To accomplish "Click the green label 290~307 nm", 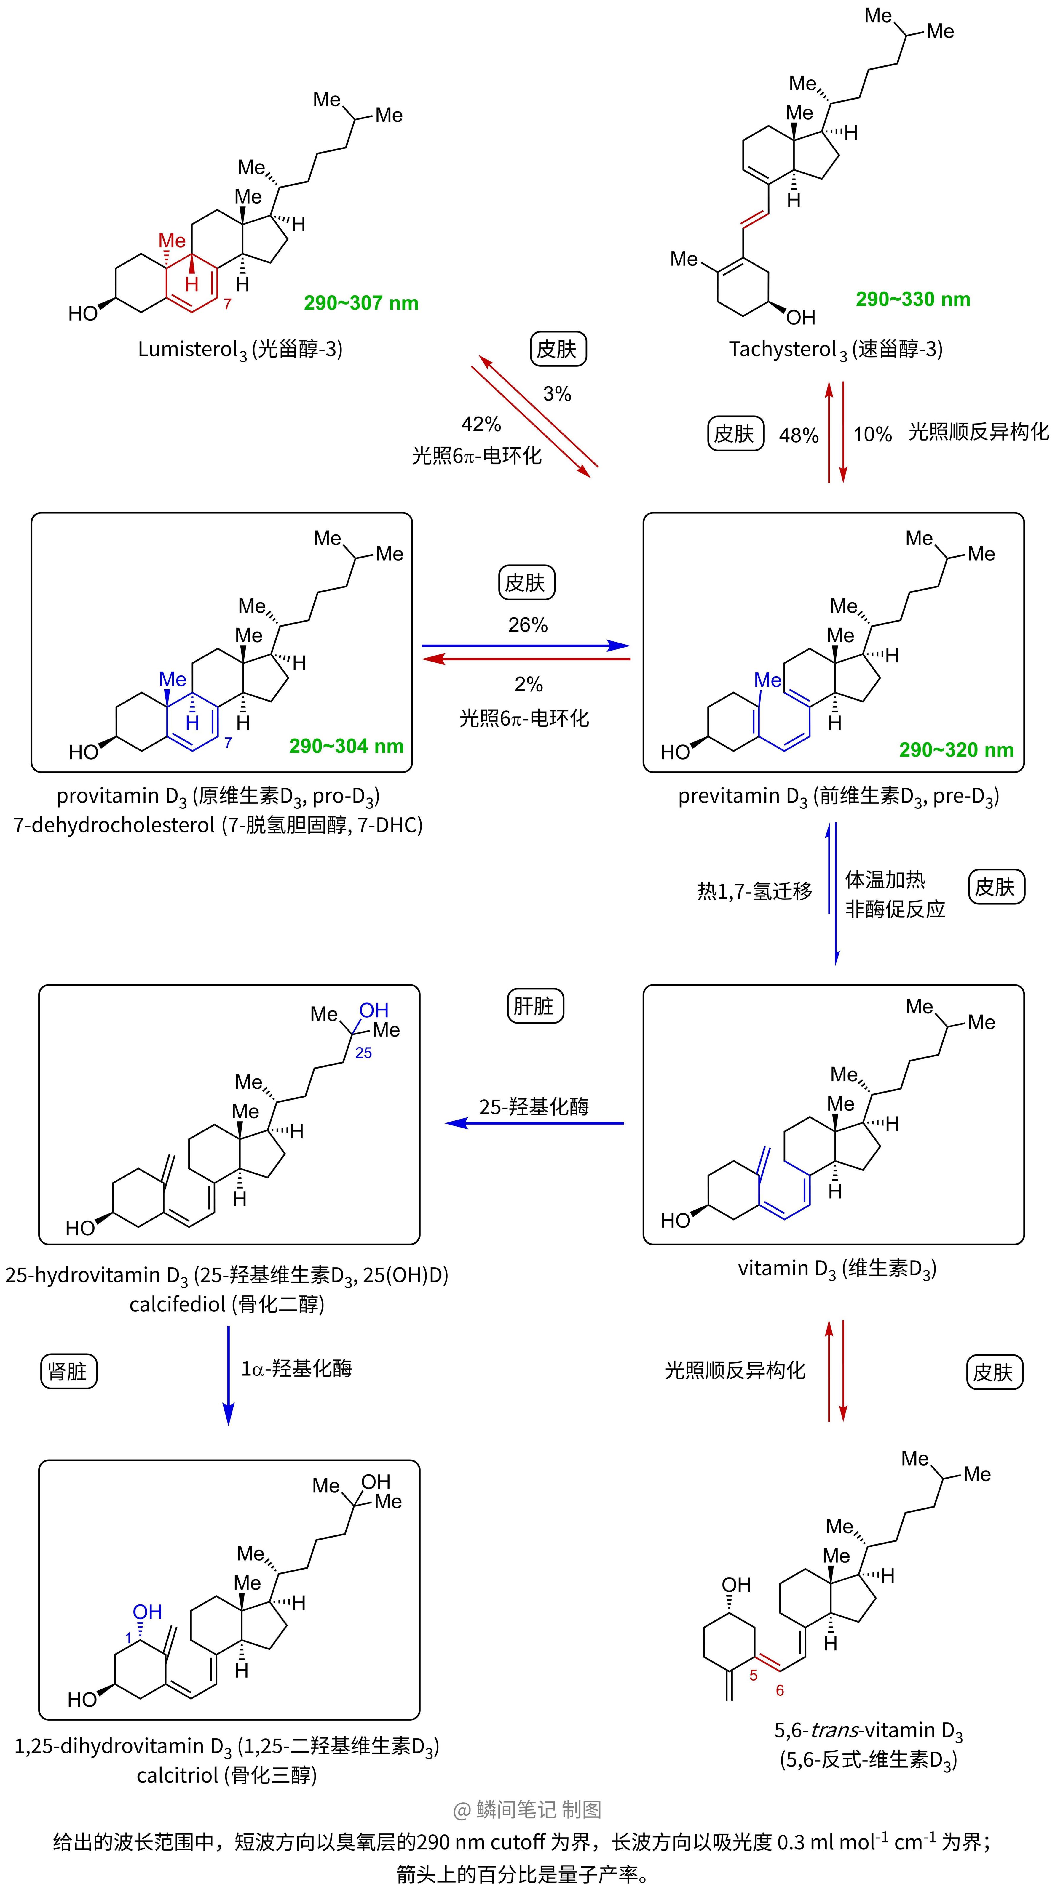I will click(x=361, y=303).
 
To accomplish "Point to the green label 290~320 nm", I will click(x=956, y=749).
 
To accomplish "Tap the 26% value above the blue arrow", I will click(x=528, y=625).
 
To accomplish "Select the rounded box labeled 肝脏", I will click(x=534, y=1006).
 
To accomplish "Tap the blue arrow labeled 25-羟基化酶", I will click(x=534, y=1123).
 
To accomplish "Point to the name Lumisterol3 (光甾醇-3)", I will click(x=240, y=349).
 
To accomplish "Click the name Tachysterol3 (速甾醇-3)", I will click(x=835, y=349).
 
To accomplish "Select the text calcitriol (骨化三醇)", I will click(x=226, y=1775).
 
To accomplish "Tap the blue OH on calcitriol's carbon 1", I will click(x=147, y=1612).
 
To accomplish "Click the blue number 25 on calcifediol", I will click(x=363, y=1053).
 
